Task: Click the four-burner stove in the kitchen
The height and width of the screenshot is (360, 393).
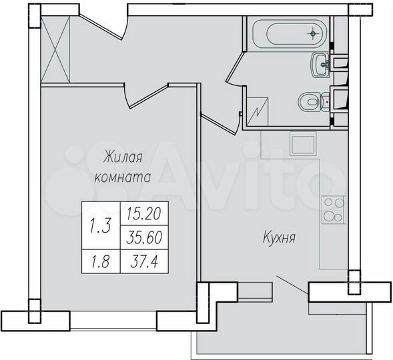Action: (332, 209)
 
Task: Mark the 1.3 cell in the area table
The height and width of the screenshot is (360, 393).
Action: (100, 225)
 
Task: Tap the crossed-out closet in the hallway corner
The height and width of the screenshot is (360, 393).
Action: (55, 50)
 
